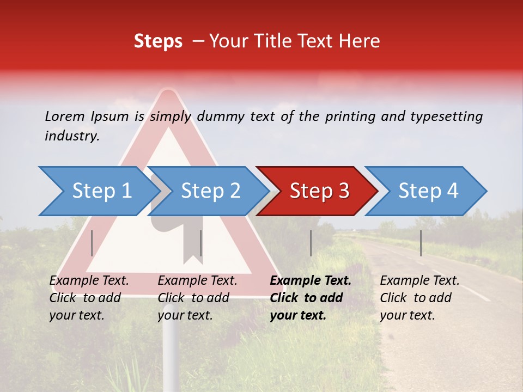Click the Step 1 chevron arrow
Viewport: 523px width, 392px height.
click(x=98, y=191)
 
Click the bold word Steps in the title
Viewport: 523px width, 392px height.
click(x=158, y=41)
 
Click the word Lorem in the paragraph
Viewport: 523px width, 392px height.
click(x=64, y=117)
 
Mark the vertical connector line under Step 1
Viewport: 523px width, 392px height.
click(x=92, y=243)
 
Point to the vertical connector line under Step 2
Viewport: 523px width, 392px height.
click(x=201, y=243)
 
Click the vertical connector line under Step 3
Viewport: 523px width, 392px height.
click(x=311, y=243)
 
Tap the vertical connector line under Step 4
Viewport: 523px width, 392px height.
click(x=421, y=243)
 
